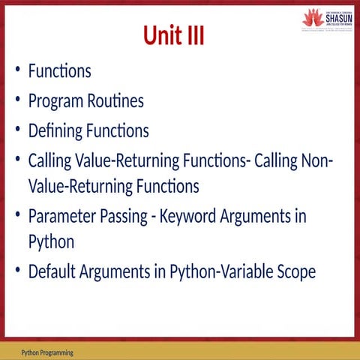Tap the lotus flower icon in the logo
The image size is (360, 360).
313,16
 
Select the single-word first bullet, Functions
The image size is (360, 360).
60,72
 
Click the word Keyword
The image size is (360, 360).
201,217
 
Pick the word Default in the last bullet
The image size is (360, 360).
54,271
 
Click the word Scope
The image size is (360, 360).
294,271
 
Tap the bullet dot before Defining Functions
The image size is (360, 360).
18,131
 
